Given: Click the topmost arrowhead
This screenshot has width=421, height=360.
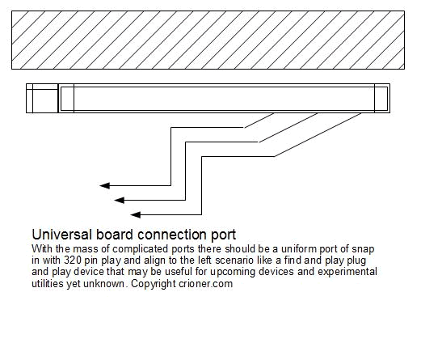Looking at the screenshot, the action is point(105,185).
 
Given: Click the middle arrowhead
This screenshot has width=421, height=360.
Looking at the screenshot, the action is point(120,200).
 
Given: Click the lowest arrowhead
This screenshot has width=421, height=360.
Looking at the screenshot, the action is point(136,214).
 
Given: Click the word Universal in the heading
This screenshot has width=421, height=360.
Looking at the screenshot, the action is point(62,235).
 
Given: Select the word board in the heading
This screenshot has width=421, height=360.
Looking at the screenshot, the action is point(115,235).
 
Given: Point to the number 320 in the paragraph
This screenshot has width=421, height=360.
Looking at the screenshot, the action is point(73,260).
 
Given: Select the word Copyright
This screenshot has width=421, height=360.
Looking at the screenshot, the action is point(154,284).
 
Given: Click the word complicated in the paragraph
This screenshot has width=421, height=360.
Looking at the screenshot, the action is point(140,249).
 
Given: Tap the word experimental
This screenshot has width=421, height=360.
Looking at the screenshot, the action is point(347,272).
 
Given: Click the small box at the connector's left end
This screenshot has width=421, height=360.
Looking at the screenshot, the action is point(42,98).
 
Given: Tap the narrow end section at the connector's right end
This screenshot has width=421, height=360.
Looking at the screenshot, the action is point(381,99).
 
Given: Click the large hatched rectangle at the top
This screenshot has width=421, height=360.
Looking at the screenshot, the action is point(208,40).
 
